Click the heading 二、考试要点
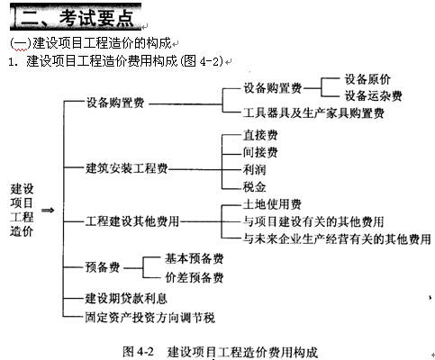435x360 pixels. pos(77,18)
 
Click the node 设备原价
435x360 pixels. pos(367,79)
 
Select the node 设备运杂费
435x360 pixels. pos(373,96)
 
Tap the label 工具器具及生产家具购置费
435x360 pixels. pos(313,113)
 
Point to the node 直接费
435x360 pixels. pos(260,135)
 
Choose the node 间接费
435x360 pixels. pos(260,152)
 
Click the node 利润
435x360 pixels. pos(255,170)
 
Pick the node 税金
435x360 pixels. pos(255,187)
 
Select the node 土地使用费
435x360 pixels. pos(272,204)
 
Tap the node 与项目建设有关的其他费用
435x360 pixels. pos(313,222)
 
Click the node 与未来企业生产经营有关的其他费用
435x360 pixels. pos(337,239)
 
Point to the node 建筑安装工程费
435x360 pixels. pos(127,168)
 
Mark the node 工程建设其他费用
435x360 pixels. pos(132,221)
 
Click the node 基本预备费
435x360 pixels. pos(195,258)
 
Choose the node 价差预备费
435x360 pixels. pos(195,277)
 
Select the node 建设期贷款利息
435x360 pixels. pos(126,298)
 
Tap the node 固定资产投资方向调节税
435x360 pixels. pos(150,318)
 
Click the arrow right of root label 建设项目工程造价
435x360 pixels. pos(48,211)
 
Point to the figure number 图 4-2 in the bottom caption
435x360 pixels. pos(139,352)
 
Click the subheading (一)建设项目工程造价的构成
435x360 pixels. pos(90,43)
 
